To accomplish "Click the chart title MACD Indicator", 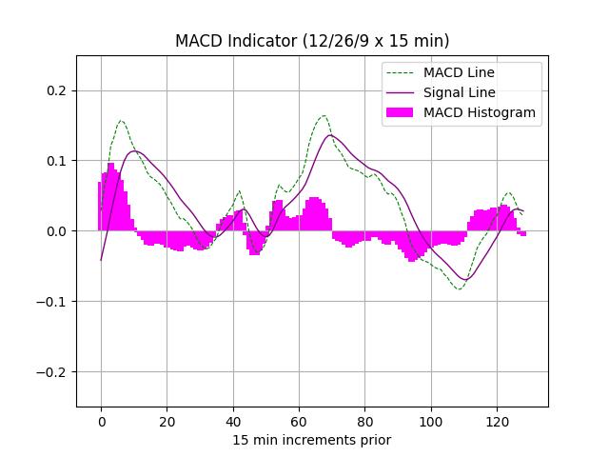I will (312, 41).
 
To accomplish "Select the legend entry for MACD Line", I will (459, 72).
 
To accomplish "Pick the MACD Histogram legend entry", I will (479, 112).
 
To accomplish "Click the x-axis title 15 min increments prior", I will (312, 440).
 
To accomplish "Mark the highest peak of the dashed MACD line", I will (324, 116).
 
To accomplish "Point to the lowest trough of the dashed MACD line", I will (459, 288).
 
